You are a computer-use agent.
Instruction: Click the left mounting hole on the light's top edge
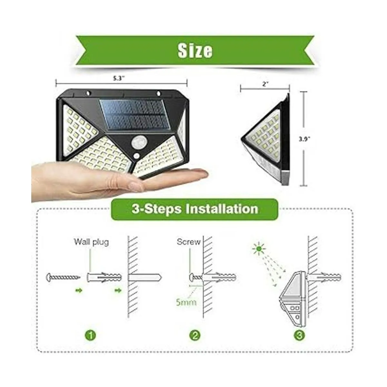tap(88, 93)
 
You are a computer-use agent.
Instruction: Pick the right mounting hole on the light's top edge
tap(158, 94)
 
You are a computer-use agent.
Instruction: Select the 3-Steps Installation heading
tap(194, 209)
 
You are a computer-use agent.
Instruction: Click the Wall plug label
tap(91, 242)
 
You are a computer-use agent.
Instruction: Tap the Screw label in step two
tap(189, 242)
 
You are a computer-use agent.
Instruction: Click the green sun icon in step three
tap(259, 249)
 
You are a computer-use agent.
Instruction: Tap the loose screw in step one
tap(63, 277)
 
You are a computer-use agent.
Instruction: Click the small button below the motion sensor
tap(136, 156)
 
